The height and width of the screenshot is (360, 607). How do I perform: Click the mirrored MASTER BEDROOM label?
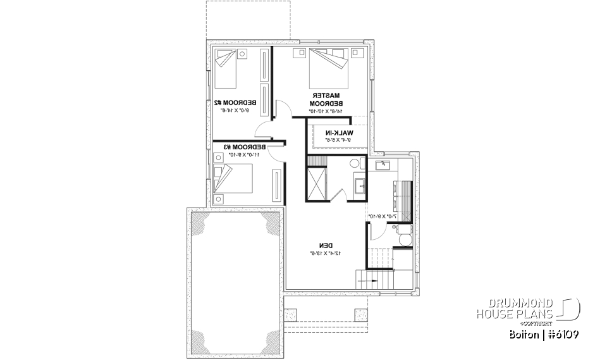tap(326, 99)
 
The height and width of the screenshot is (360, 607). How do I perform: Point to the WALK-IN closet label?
tap(339, 132)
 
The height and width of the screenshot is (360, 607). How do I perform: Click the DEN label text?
tap(326, 245)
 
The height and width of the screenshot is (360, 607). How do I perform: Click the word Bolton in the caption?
tap(522, 333)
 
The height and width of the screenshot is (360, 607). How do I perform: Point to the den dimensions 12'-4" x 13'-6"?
tap(326, 254)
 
